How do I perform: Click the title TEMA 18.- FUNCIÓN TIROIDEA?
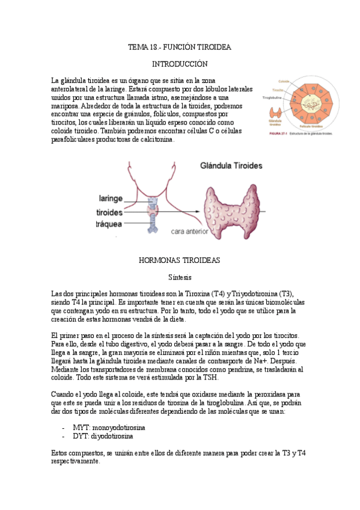[x=180, y=47]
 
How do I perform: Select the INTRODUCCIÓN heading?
[x=180, y=64]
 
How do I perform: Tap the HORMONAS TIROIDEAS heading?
[x=180, y=260]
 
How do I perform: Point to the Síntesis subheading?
[x=180, y=277]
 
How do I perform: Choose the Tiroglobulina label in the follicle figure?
[x=274, y=97]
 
